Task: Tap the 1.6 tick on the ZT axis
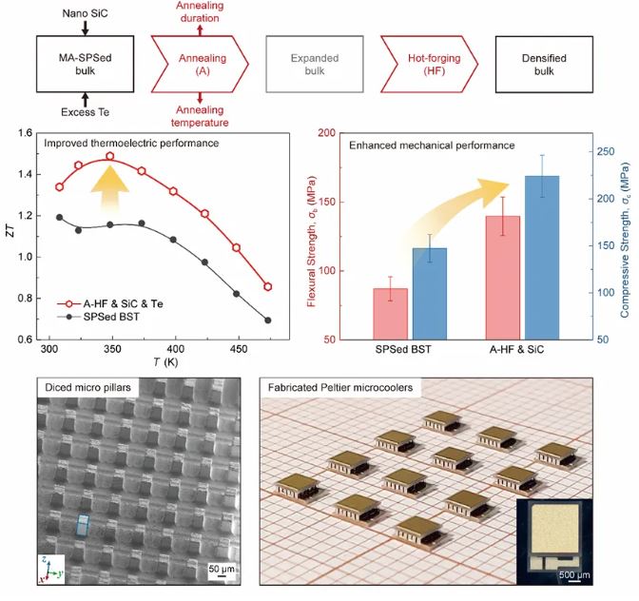27,134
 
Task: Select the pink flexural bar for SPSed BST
389,314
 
